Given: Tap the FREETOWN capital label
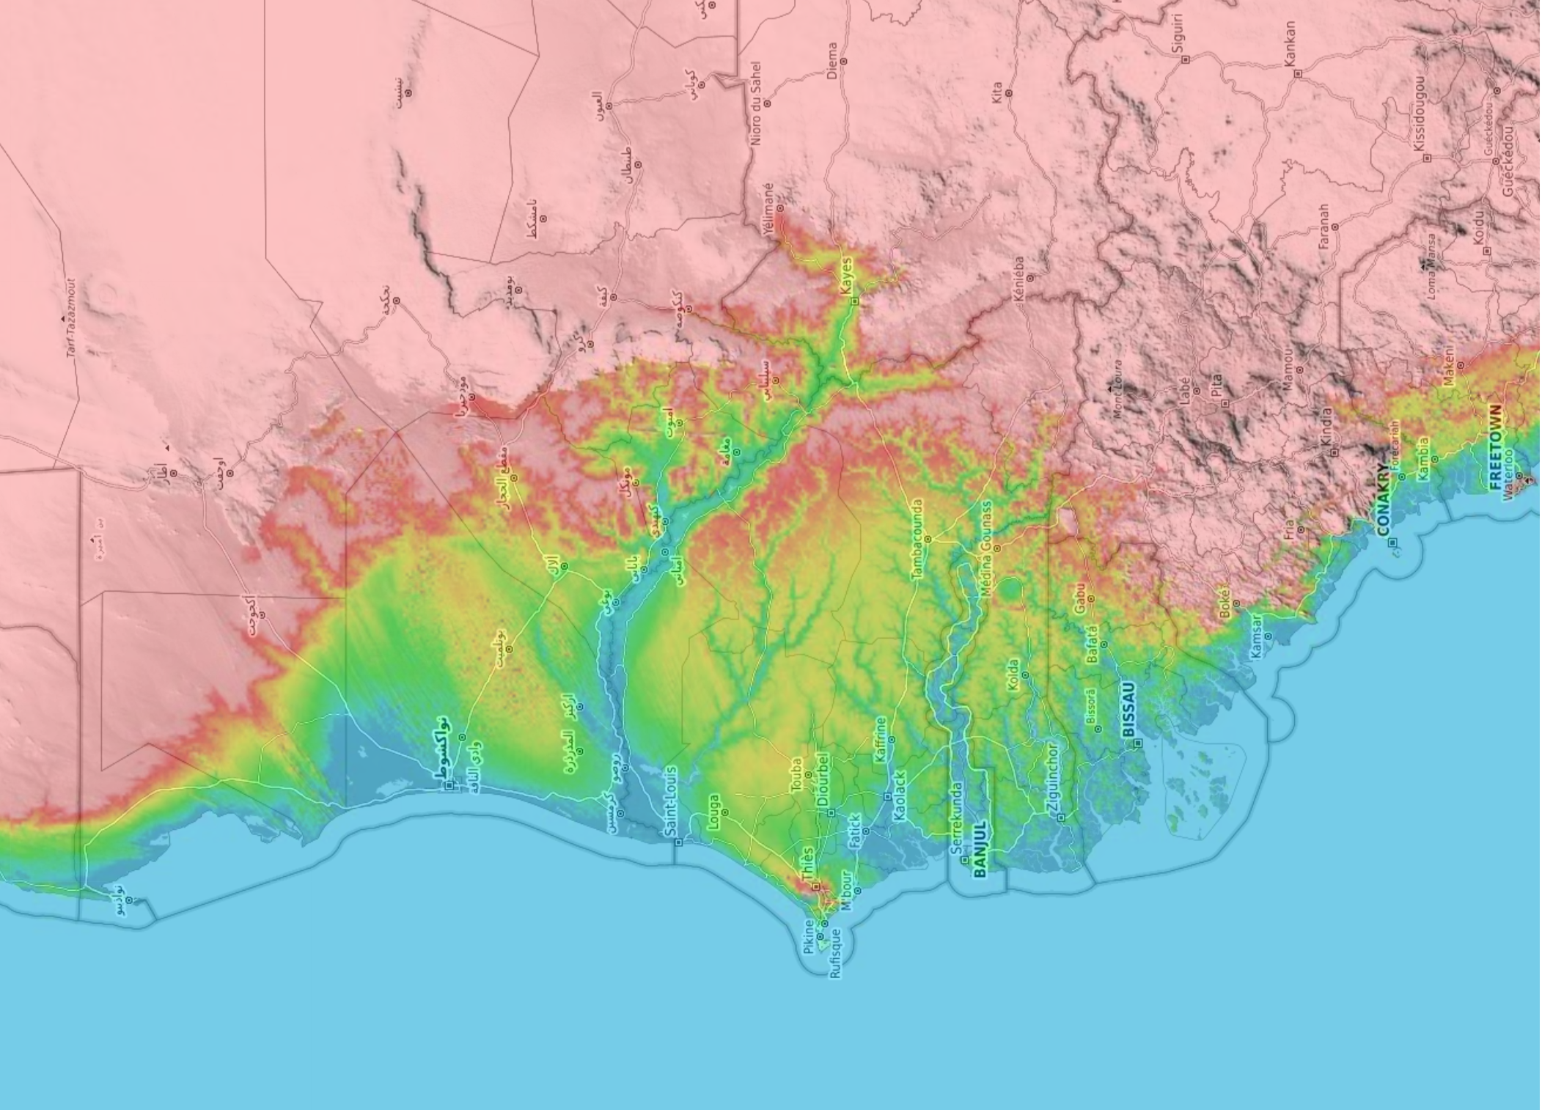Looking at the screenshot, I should (x=1495, y=447).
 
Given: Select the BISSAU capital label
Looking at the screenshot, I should (x=1128, y=709).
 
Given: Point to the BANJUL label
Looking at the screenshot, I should (x=980, y=848).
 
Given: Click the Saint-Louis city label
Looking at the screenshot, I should (x=670, y=801).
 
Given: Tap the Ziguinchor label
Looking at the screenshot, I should (x=1053, y=778).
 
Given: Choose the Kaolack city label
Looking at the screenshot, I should (x=900, y=795).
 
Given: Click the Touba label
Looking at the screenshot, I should (x=797, y=774).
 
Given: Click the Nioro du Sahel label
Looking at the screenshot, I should (x=756, y=102).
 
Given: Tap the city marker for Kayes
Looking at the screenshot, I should (x=854, y=301).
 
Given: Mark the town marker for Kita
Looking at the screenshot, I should (x=1009, y=93).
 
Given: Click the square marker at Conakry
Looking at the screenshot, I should (x=1393, y=543).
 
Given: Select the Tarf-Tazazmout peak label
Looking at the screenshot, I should (x=71, y=317).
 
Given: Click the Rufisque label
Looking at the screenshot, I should (x=836, y=953).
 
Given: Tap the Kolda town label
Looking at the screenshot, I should (x=1013, y=675).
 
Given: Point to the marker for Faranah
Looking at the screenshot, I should (x=1335, y=227).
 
